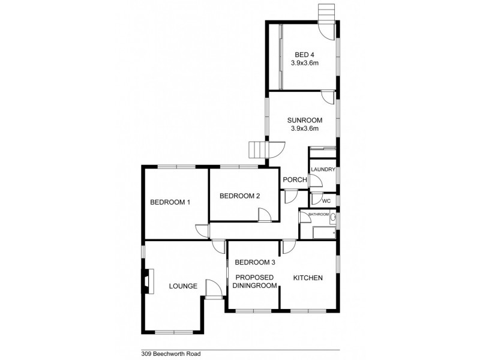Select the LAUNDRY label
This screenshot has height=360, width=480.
coord(323,170)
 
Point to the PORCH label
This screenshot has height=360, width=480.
coord(295,180)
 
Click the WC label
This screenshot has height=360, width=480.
coord(327,201)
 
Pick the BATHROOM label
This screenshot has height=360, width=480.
coord(319,214)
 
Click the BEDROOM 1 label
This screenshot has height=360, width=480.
coord(170,202)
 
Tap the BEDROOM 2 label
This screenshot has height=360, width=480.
coord(239,196)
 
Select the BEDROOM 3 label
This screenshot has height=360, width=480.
coord(255,262)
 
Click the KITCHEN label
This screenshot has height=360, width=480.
coord(308,278)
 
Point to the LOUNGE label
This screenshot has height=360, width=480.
coord(183,286)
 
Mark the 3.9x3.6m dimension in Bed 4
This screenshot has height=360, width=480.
coord(304,62)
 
